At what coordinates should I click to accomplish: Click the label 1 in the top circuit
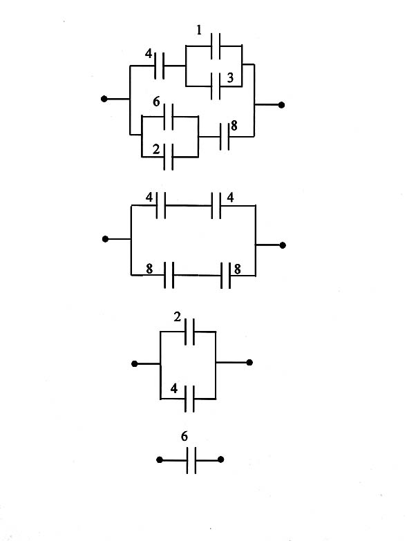coord(199,30)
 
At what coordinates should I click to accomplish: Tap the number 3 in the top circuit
coord(230,77)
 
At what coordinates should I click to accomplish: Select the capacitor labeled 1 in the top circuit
coord(216,46)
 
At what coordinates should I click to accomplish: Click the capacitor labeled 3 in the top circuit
coord(216,86)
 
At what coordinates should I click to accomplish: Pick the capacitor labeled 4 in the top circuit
coord(159,66)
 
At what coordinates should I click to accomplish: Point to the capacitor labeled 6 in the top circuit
coord(169,117)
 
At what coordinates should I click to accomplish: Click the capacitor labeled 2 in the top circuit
coord(169,157)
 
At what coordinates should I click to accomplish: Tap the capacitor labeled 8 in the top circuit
coord(225,137)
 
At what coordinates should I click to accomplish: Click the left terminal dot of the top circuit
coord(104,99)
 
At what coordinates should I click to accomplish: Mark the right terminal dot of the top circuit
coord(281,105)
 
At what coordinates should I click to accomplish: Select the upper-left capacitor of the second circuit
coord(161,206)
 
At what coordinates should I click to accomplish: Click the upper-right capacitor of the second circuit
coord(216,206)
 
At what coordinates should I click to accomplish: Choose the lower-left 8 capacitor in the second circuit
coord(169,275)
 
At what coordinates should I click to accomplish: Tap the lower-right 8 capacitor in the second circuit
coord(225,275)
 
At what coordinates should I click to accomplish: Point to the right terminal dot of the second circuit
coord(283,245)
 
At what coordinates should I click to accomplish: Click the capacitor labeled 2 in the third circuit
coord(189,332)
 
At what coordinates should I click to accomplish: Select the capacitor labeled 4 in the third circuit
coord(189,399)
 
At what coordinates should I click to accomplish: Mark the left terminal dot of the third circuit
coord(135,364)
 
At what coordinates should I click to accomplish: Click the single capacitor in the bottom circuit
coord(191,460)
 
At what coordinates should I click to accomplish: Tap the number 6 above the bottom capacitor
coord(184,437)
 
